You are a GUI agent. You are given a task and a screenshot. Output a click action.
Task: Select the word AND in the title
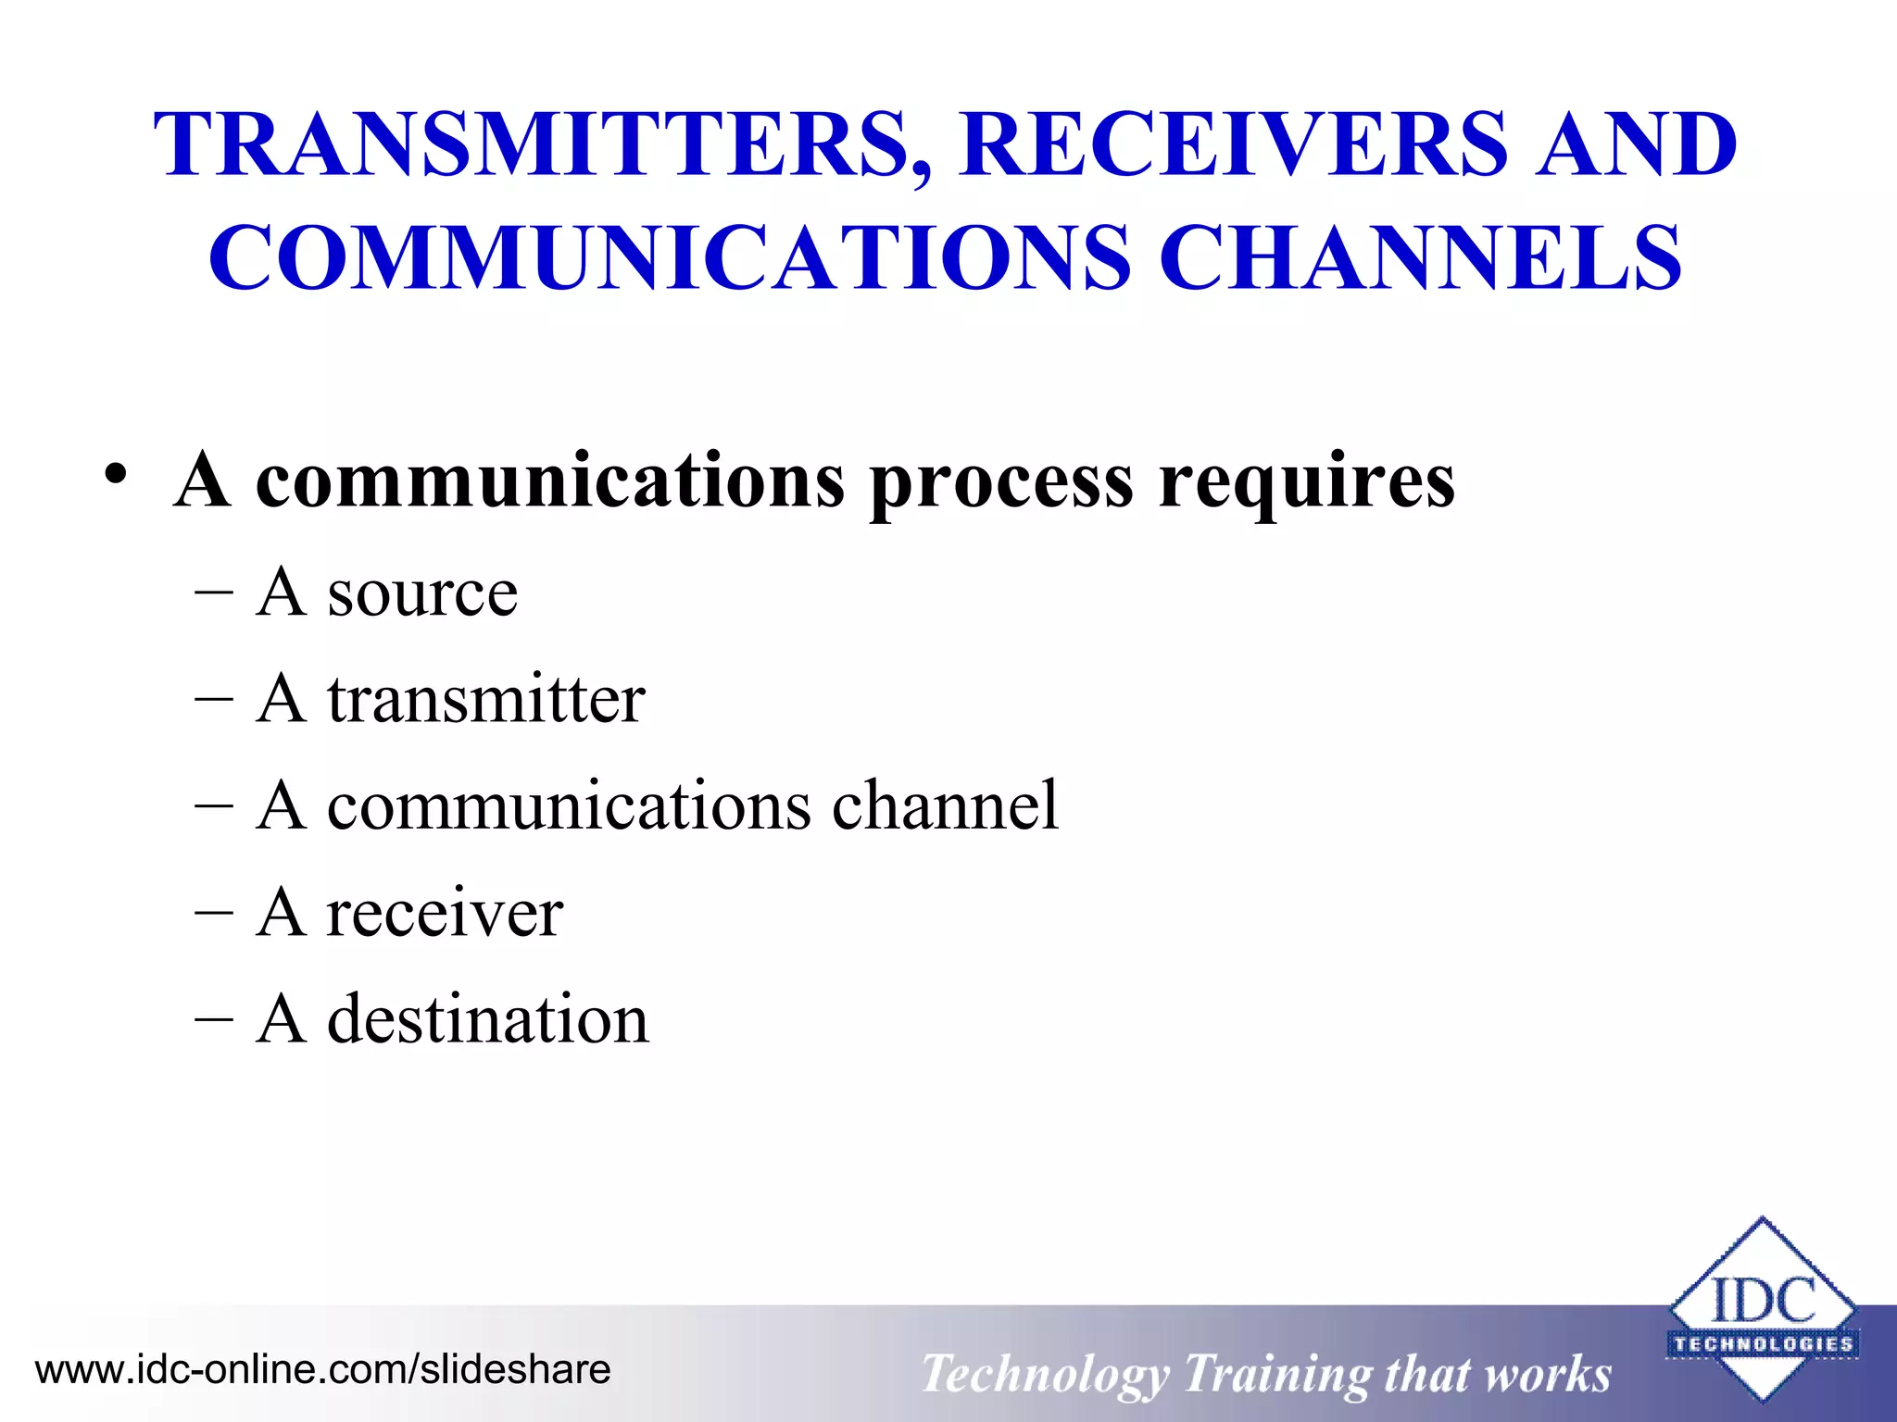click(1636, 144)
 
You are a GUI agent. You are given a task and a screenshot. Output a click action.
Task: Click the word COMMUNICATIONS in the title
click(669, 257)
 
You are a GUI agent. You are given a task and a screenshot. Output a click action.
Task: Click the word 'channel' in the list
click(945, 805)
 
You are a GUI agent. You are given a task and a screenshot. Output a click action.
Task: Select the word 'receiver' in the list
click(445, 913)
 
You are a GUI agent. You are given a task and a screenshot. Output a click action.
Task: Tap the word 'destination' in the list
click(488, 1019)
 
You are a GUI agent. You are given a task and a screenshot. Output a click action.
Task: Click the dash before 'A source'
click(214, 594)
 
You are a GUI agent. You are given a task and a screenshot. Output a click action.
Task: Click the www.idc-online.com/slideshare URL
click(322, 1369)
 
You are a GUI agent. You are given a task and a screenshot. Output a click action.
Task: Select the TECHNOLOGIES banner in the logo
click(1763, 1343)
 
